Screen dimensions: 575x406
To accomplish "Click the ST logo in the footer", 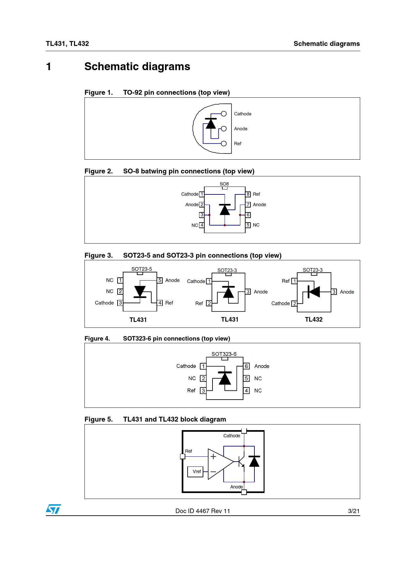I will click(x=53, y=509).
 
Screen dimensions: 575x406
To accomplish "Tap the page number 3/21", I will click(x=354, y=511).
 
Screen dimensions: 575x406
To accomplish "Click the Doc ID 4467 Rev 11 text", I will click(x=203, y=511).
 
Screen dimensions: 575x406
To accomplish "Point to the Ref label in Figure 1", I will click(x=238, y=144).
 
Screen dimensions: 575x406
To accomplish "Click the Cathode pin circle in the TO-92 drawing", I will click(x=224, y=114).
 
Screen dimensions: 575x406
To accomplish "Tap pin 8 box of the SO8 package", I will click(x=248, y=194).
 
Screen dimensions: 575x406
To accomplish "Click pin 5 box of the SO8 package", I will click(x=248, y=225).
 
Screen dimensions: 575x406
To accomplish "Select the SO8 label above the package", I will click(x=224, y=184).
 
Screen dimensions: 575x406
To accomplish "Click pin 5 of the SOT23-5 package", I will click(x=160, y=280).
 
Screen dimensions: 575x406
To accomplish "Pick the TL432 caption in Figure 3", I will click(x=314, y=319).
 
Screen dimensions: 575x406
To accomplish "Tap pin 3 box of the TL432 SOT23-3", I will click(x=334, y=292).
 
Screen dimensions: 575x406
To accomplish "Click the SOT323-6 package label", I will click(x=224, y=354).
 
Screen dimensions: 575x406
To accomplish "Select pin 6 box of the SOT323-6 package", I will click(x=247, y=366).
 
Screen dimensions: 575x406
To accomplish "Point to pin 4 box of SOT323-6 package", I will click(x=247, y=390).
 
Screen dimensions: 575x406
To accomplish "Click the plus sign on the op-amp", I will click(x=213, y=456).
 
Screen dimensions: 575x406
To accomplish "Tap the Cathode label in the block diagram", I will click(x=232, y=436).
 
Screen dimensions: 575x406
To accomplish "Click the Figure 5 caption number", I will click(x=99, y=419).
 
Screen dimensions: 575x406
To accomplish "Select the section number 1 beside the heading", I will click(x=48, y=67).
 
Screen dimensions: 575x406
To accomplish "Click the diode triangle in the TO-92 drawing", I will click(x=211, y=124).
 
